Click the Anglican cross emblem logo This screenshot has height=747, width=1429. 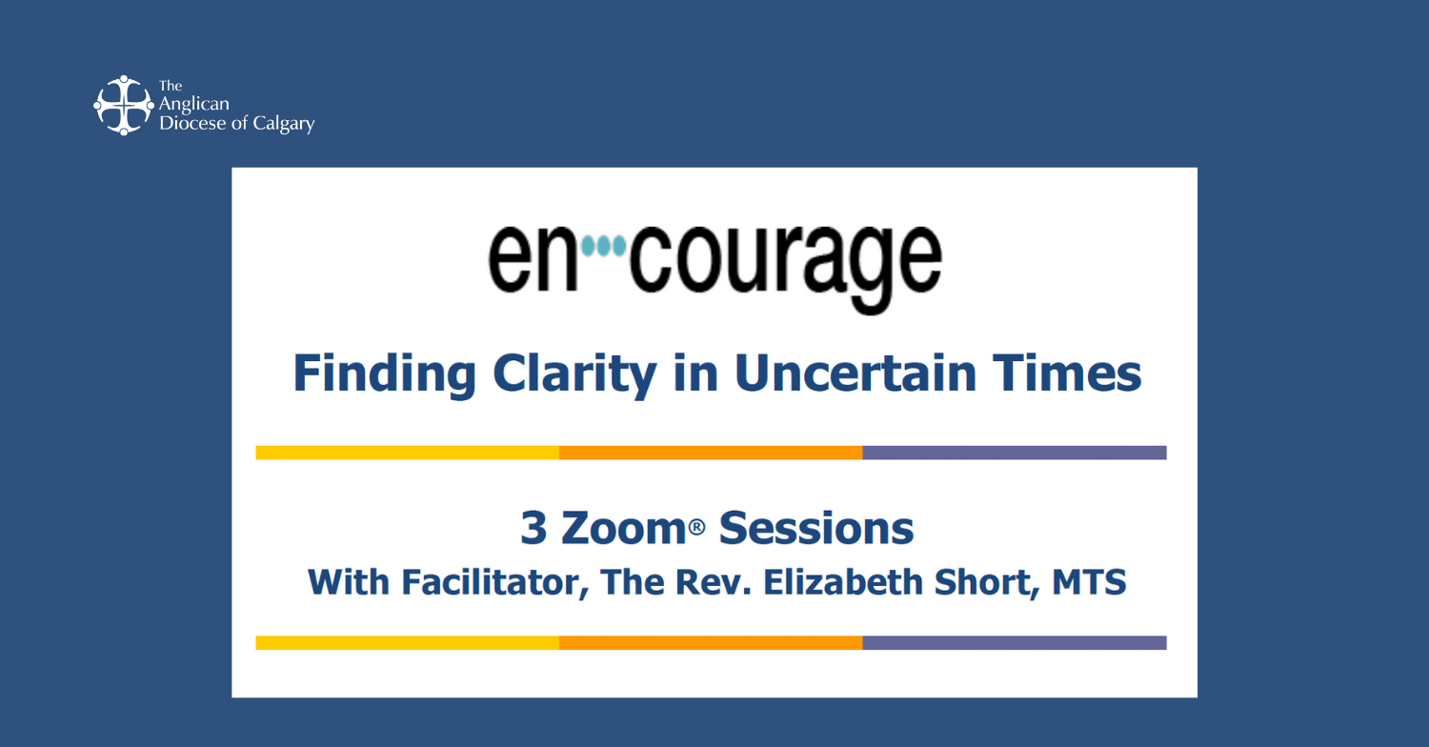click(x=124, y=105)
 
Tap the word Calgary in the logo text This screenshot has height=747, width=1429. click(x=284, y=124)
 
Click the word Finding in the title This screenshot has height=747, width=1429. click(x=385, y=374)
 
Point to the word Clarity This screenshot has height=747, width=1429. click(x=574, y=374)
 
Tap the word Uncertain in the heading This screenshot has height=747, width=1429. click(x=855, y=373)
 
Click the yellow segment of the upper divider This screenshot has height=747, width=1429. click(x=408, y=453)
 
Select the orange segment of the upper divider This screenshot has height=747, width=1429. click(x=711, y=453)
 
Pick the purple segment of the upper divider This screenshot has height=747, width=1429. click(x=1015, y=453)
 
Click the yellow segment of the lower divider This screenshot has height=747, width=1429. click(x=408, y=642)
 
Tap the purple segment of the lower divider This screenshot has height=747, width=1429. click(x=1015, y=642)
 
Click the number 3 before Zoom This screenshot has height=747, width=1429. click(x=533, y=528)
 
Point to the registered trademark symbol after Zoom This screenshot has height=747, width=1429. click(x=696, y=527)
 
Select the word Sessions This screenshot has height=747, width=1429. click(x=816, y=528)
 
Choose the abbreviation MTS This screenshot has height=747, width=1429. click(x=1089, y=582)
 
